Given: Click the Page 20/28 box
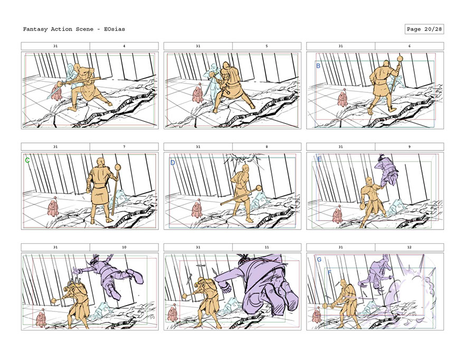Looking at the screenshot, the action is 424,29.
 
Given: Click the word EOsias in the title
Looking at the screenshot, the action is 115,29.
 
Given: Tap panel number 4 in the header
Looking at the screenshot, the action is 124,46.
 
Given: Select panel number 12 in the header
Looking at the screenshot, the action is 409,247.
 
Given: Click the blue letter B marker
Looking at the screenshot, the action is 318,66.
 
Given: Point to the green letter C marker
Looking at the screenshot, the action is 27,160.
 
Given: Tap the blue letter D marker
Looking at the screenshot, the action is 173,163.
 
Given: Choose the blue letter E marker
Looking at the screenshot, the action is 319,159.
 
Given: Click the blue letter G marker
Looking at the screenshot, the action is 319,260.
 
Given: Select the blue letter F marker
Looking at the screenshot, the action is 329,272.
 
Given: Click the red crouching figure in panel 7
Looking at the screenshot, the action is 53,207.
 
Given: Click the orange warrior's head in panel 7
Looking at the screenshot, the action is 100,163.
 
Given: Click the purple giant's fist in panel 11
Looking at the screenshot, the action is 226,287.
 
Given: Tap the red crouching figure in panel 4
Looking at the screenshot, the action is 56,92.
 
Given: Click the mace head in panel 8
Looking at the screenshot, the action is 259,188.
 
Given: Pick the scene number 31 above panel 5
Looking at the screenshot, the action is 198,46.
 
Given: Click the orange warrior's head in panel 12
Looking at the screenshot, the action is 344,282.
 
